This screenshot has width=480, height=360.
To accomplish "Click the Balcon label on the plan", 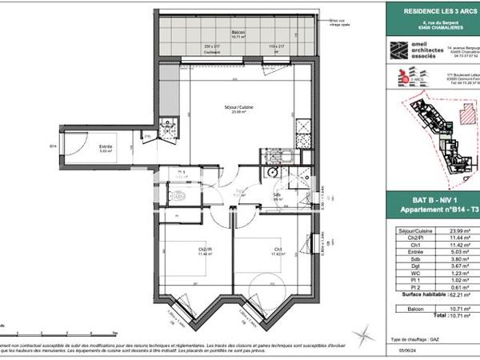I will click(238, 33).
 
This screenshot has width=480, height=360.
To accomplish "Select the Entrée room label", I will click(106, 147).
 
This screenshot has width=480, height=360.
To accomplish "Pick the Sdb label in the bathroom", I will click(275, 196).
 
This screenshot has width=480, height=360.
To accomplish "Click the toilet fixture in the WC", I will click(180, 195).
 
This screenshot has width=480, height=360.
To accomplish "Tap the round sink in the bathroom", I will click(274, 170).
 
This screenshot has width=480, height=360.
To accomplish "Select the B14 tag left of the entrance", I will click(53, 146).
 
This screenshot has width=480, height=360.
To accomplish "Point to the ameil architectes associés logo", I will click(410, 50).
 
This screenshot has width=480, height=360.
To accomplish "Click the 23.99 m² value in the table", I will click(461, 231).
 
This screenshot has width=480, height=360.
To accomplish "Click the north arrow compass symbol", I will click(364, 328).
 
